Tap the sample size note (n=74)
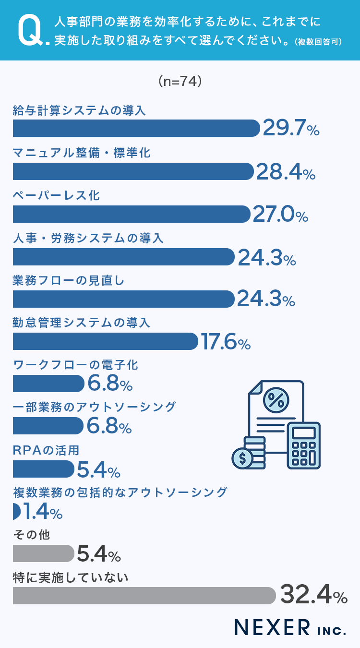coord(180,82)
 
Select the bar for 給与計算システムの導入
coord(136,128)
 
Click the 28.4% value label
coord(286,171)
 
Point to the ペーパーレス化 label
coord(57,195)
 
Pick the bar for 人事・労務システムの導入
coord(123,257)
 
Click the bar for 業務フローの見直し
coord(123,299)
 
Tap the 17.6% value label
coord(226,342)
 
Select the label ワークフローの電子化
coord(75,365)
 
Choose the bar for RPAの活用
coord(43,468)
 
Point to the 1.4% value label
coord(43,512)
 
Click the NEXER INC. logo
coord(290,627)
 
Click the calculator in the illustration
coord(303,445)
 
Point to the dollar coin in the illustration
coord(242,458)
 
